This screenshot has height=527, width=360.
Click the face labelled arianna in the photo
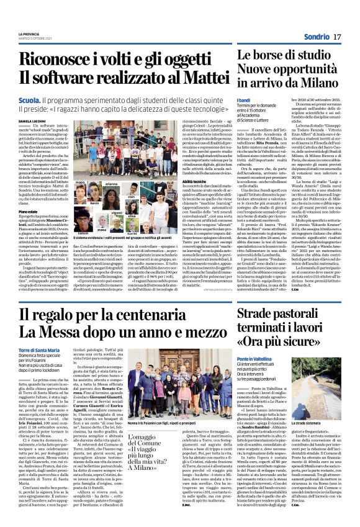[x=111, y=174]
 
